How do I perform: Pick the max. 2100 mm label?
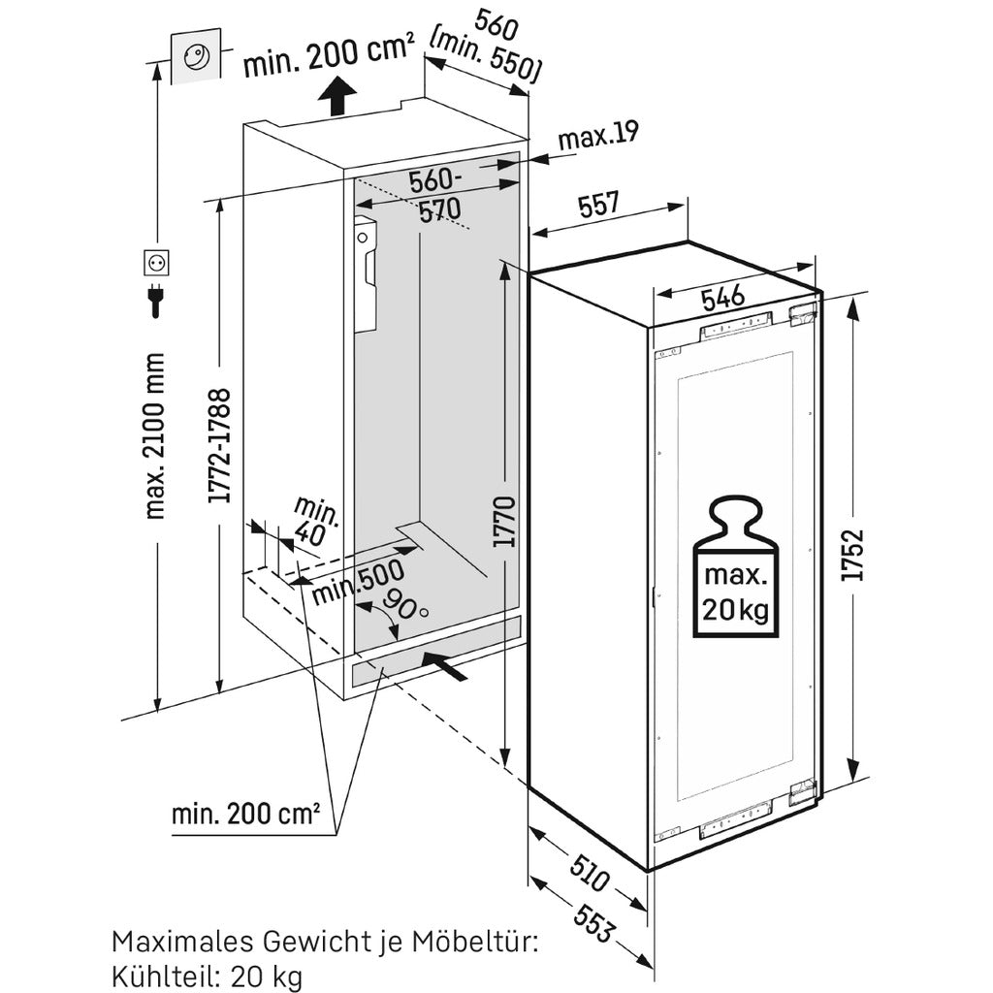pos(155,436)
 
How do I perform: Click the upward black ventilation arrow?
pos(336,98)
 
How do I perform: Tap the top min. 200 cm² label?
pos(329,60)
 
